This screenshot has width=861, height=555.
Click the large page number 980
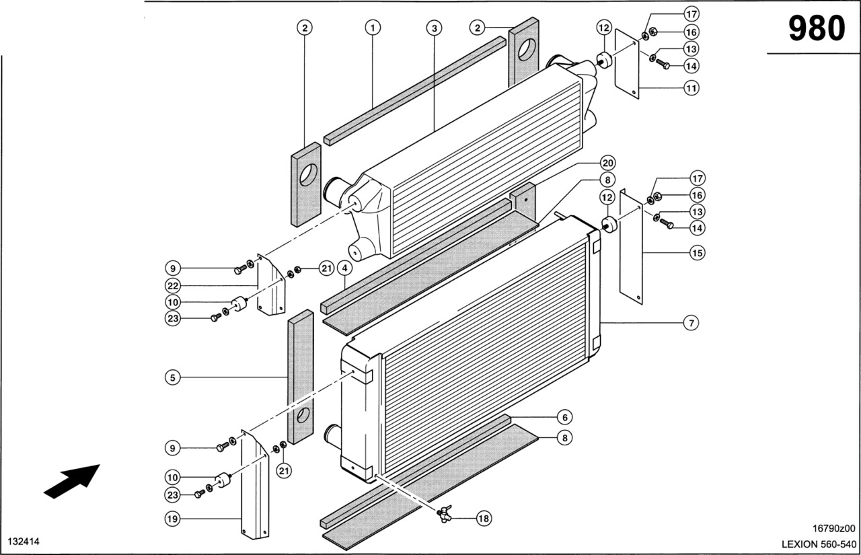[x=817, y=29]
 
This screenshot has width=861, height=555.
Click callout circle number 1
[x=373, y=28]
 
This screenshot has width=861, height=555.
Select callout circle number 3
[x=435, y=28]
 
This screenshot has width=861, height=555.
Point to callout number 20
[x=607, y=163]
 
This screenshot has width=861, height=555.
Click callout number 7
[x=691, y=324]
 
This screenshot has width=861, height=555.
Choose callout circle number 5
[x=173, y=378]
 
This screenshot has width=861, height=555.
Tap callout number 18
[x=484, y=518]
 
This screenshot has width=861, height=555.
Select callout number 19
[x=173, y=519]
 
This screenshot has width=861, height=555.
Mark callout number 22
[x=173, y=285]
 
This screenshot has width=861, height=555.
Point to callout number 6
[x=565, y=417]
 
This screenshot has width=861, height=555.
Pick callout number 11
[x=691, y=87]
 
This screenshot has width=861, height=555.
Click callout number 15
[x=696, y=253]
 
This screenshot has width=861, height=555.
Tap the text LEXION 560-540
[x=819, y=544]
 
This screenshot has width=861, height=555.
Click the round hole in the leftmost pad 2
[x=307, y=176]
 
